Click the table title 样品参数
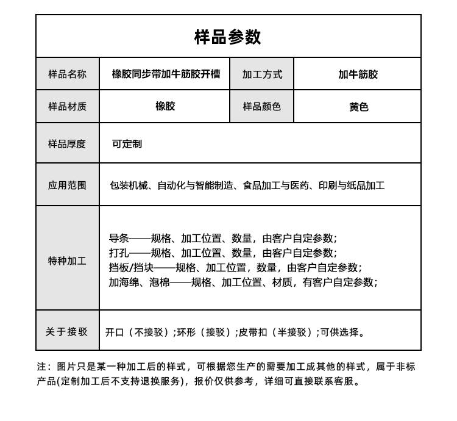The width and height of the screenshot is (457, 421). pyautogui.click(x=228, y=37)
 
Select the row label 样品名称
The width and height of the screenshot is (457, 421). pyautogui.click(x=68, y=74)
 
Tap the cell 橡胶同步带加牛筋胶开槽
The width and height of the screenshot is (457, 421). pyautogui.click(x=166, y=74)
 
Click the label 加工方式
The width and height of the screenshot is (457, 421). pyautogui.click(x=262, y=74)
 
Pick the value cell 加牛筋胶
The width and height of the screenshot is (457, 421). pyautogui.click(x=358, y=74)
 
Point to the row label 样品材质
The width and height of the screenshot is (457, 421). pyautogui.click(x=68, y=107)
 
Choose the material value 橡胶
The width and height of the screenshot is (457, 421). pyautogui.click(x=165, y=106)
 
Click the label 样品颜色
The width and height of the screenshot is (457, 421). pyautogui.click(x=262, y=107)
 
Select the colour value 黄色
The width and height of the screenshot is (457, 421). pyautogui.click(x=358, y=107)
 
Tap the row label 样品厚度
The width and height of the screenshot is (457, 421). pyautogui.click(x=68, y=144)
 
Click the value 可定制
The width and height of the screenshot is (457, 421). pyautogui.click(x=127, y=144)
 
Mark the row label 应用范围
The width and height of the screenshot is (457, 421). pyautogui.click(x=68, y=185)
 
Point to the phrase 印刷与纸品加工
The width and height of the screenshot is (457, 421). pyautogui.click(x=352, y=185)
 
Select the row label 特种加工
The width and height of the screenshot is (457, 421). pyautogui.click(x=68, y=261)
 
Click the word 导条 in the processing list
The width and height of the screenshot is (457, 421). pyautogui.click(x=119, y=238)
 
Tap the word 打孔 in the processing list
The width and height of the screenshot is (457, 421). pyautogui.click(x=119, y=253)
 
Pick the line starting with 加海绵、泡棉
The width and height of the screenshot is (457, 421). pyautogui.click(x=243, y=282)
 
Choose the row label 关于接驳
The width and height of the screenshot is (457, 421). pyautogui.click(x=67, y=332)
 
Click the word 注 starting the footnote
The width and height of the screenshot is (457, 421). pyautogui.click(x=41, y=367)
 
